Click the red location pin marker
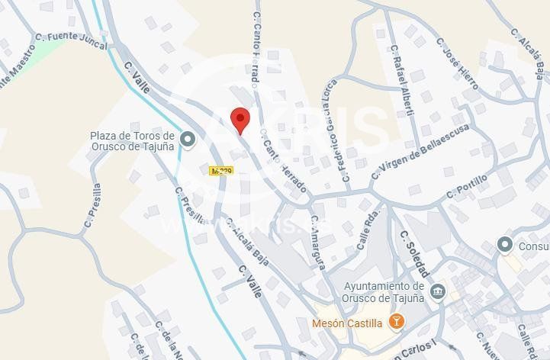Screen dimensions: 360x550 pyautogui.click(x=240, y=120)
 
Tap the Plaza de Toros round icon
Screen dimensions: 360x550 pyautogui.click(x=188, y=139)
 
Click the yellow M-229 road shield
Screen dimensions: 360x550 pyautogui.click(x=220, y=171)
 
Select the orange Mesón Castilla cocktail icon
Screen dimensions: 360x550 pyautogui.click(x=396, y=322)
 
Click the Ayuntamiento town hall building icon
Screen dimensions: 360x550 pyautogui.click(x=437, y=291)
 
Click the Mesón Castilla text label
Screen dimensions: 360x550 pyautogui.click(x=347, y=323)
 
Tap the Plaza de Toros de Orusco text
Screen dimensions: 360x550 pyautogui.click(x=133, y=140)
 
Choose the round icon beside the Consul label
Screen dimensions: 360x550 pyautogui.click(x=504, y=245)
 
